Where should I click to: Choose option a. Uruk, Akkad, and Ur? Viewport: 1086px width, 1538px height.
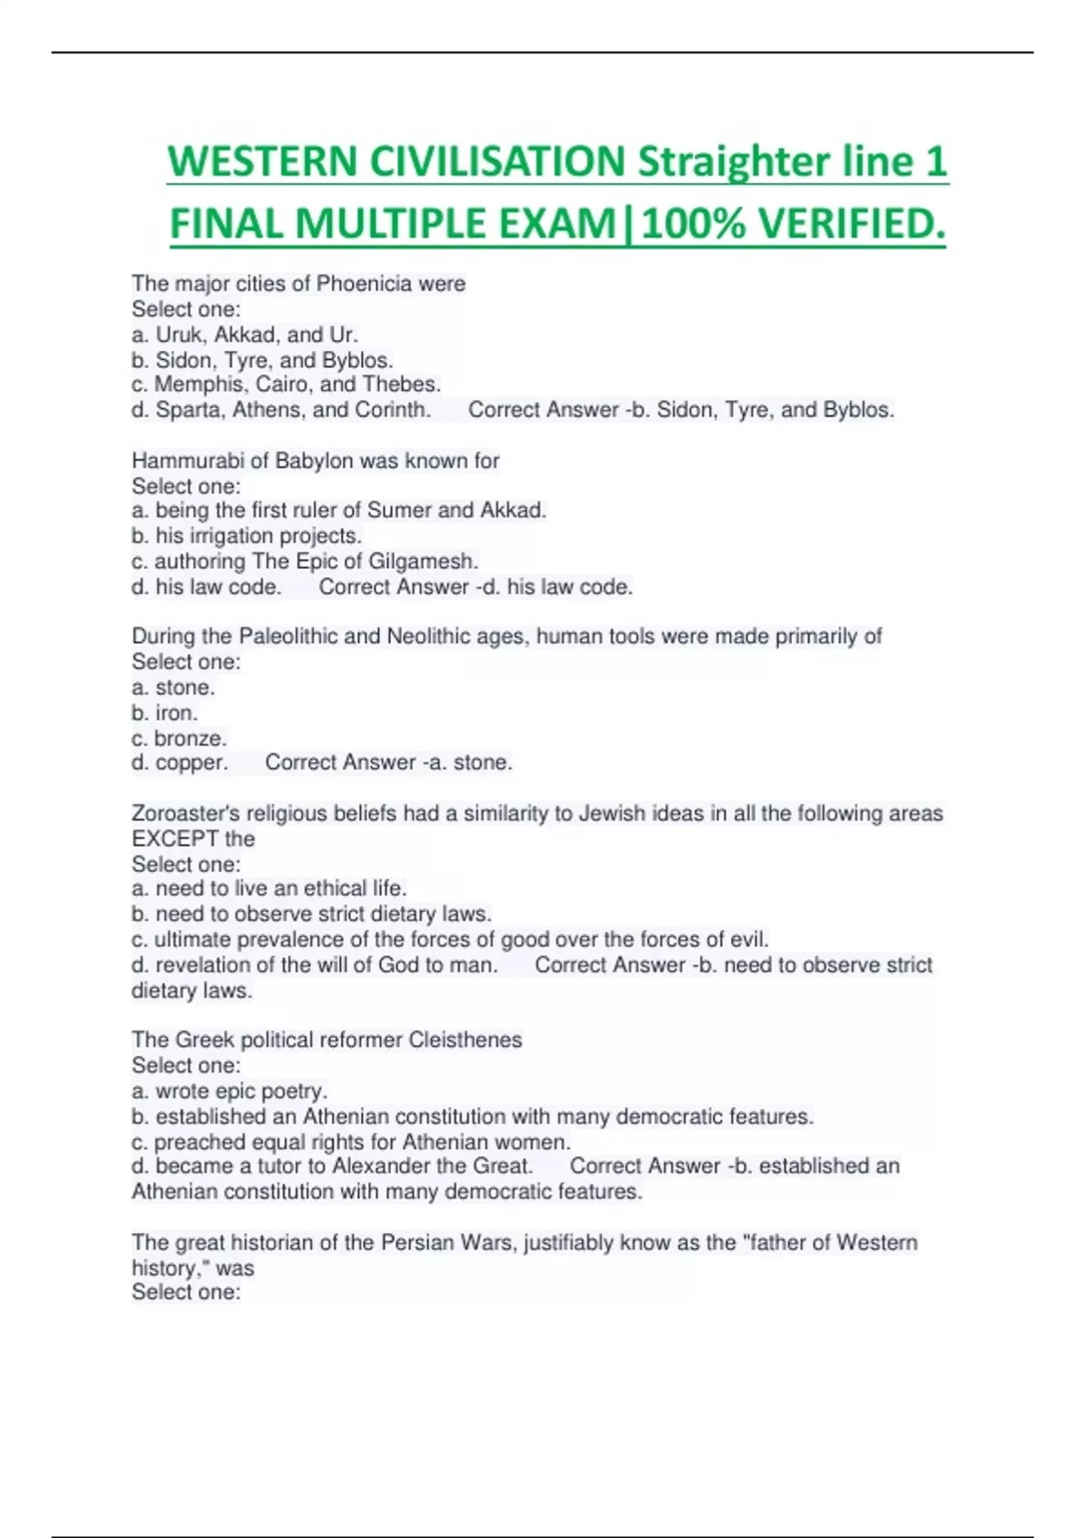point(245,335)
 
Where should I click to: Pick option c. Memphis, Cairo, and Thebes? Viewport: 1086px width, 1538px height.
point(286,384)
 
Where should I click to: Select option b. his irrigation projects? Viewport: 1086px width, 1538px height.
point(246,536)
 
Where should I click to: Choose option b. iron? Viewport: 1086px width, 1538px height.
point(165,713)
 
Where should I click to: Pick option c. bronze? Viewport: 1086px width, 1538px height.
point(179,738)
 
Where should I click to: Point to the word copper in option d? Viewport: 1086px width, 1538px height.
point(191,763)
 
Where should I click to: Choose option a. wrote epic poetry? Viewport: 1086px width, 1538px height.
point(230,1091)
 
